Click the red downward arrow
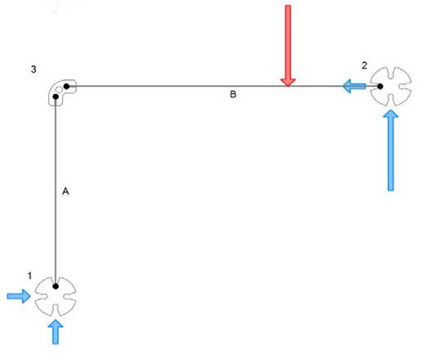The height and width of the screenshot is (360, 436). coord(288,45)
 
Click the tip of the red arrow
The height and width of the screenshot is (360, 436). coord(288,86)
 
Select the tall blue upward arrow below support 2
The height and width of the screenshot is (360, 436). coord(390,151)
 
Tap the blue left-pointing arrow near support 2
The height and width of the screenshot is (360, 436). coord(353,86)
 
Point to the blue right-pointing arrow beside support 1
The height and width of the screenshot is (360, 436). coord(19,296)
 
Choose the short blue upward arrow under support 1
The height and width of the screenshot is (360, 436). coord(56,331)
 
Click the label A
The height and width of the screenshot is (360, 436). coord(65,191)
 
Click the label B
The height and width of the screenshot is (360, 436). coord(233,94)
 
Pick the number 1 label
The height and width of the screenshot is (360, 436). coord(29,276)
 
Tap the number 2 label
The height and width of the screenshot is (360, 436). coord(364,65)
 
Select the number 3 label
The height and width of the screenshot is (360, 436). coord(34,69)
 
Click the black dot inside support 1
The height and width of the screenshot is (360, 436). coord(56,286)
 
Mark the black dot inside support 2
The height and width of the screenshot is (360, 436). coord(380,86)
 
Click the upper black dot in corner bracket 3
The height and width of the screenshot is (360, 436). coord(66,86)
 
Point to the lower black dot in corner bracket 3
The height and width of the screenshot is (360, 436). coord(56,97)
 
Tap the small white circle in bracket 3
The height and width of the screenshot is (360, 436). coord(59,90)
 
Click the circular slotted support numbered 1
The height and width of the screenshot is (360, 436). coord(56,296)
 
